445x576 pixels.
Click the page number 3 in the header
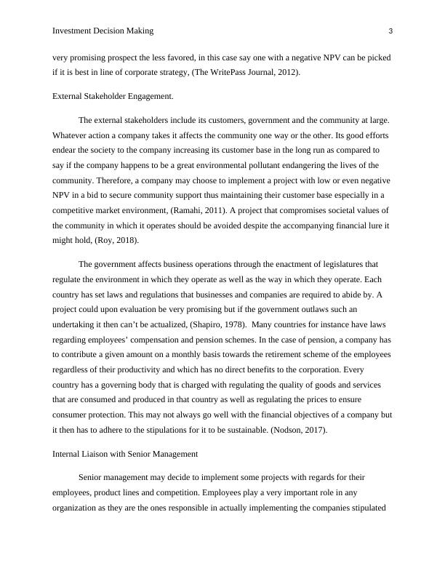390,31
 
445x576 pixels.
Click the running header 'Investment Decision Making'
103,31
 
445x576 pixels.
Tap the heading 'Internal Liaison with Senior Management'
125,453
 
